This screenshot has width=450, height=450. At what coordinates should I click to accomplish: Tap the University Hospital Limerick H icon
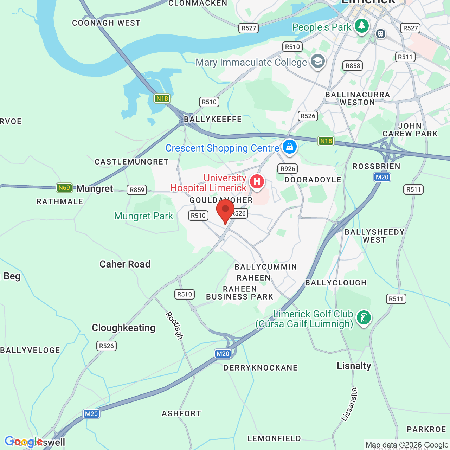pyautogui.click(x=257, y=182)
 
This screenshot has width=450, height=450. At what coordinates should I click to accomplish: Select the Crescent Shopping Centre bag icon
pyautogui.click(x=290, y=147)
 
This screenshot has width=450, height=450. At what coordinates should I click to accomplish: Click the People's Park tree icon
pyautogui.click(x=361, y=26)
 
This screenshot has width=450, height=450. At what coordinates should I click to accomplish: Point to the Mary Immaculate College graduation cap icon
pyautogui.click(x=318, y=61)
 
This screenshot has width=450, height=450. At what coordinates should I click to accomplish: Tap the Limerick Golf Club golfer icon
pyautogui.click(x=364, y=318)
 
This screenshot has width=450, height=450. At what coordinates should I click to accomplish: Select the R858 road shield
pyautogui.click(x=353, y=66)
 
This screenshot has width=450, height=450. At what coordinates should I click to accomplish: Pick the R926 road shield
pyautogui.click(x=288, y=169)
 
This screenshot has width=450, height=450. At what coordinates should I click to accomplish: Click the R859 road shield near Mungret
pyautogui.click(x=137, y=190)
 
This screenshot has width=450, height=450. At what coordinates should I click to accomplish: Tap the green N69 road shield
pyautogui.click(x=64, y=188)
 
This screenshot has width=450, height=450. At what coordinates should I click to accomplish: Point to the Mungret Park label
pyautogui.click(x=143, y=216)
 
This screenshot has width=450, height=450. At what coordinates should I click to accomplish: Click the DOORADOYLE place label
pyautogui.click(x=313, y=180)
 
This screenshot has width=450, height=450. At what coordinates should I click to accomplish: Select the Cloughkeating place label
pyautogui.click(x=123, y=328)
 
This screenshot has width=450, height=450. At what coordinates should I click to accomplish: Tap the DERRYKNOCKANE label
pyautogui.click(x=261, y=368)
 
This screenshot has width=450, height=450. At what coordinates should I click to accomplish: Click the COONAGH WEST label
pyautogui.click(x=106, y=23)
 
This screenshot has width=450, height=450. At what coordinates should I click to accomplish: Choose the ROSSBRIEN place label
pyautogui.click(x=377, y=166)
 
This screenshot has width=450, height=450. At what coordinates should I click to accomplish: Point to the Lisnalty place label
pyautogui.click(x=354, y=366)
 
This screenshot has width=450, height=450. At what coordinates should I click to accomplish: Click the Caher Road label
pyautogui.click(x=125, y=264)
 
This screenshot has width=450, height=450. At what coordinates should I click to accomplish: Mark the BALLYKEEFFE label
pyautogui.click(x=213, y=119)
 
